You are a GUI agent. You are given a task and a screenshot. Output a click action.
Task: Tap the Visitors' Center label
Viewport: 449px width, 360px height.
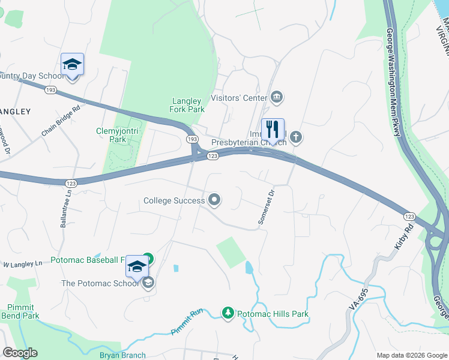[238, 97]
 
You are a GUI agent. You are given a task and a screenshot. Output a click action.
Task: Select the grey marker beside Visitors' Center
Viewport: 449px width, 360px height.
[277, 97]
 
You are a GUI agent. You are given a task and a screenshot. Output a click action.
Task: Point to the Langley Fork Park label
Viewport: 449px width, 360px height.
[188, 106]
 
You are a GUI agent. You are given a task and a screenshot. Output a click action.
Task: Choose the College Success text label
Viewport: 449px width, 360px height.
[174, 200]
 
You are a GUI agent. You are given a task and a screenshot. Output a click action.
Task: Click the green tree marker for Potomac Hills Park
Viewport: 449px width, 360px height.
[228, 313]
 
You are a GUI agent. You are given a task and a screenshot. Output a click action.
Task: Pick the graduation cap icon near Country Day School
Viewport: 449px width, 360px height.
[72, 65]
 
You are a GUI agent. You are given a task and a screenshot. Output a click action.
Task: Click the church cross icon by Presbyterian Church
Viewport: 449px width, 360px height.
[295, 138]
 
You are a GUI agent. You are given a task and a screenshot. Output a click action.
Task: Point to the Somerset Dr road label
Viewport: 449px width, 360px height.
[265, 208]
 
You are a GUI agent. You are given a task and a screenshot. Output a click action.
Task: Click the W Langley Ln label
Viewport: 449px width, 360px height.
[23, 264]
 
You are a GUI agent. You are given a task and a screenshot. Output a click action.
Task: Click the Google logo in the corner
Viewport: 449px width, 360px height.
[20, 353]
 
